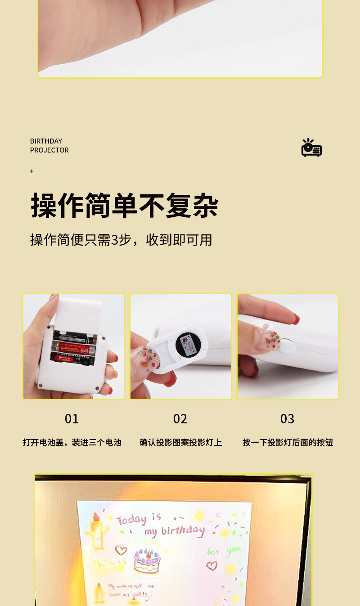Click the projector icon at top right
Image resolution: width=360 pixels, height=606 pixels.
[311, 148]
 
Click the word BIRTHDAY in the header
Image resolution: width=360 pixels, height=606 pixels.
[46, 141]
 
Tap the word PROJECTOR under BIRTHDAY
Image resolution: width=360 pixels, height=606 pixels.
[49, 150]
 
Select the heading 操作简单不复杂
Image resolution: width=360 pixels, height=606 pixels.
[125, 206]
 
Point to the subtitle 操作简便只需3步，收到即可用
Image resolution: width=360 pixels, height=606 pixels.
[121, 240]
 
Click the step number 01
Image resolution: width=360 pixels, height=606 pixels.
[72, 419]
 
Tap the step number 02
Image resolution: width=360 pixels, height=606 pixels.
[180, 419]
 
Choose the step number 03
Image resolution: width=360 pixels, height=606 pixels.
[287, 419]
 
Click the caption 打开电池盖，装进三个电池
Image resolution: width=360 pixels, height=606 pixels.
[72, 442]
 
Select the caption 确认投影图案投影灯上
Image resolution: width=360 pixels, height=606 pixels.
[181, 442]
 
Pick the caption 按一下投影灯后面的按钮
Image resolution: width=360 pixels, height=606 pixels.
[288, 442]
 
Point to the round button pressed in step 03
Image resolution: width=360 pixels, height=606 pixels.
[287, 345]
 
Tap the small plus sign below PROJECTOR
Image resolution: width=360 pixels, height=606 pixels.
[31, 171]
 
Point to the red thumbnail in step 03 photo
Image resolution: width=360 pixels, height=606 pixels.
[294, 319]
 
